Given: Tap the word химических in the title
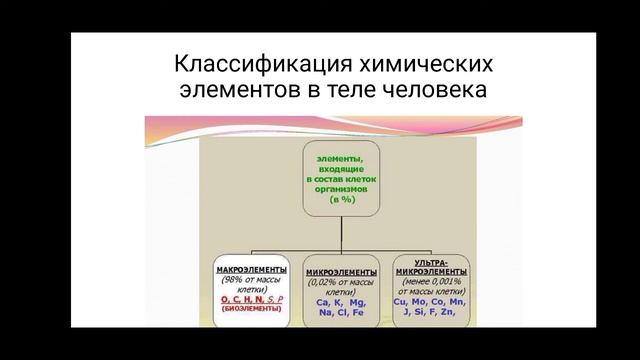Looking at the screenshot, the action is point(421,67).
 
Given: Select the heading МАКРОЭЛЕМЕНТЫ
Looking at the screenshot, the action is point(252,271).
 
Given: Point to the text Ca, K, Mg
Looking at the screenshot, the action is point(341,299).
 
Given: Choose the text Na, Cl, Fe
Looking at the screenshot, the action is point(341,312).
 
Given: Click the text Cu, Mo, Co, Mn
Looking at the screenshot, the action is point(431,299).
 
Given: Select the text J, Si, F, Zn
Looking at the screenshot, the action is point(431,312).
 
